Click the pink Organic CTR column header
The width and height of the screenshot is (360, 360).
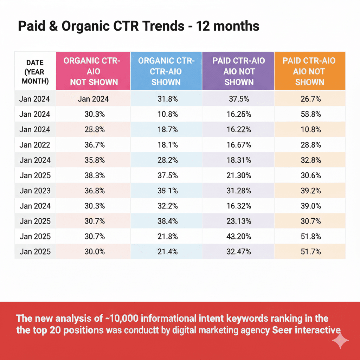(x=93, y=71)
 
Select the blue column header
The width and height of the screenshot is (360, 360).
(x=166, y=71)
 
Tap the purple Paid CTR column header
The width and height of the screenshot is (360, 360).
(x=238, y=71)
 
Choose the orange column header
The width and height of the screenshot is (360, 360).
(x=309, y=71)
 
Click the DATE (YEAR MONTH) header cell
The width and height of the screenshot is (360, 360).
(x=35, y=71)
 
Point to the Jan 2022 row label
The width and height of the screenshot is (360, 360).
(x=35, y=145)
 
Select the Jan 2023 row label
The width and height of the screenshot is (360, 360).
(x=35, y=191)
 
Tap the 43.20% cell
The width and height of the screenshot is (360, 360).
(x=238, y=236)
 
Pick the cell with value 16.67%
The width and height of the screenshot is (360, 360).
(x=238, y=145)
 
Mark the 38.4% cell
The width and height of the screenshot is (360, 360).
(x=166, y=221)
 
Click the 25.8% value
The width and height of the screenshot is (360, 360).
(x=93, y=129)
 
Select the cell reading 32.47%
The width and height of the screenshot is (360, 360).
(x=238, y=252)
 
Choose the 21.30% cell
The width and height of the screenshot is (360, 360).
(x=238, y=175)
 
